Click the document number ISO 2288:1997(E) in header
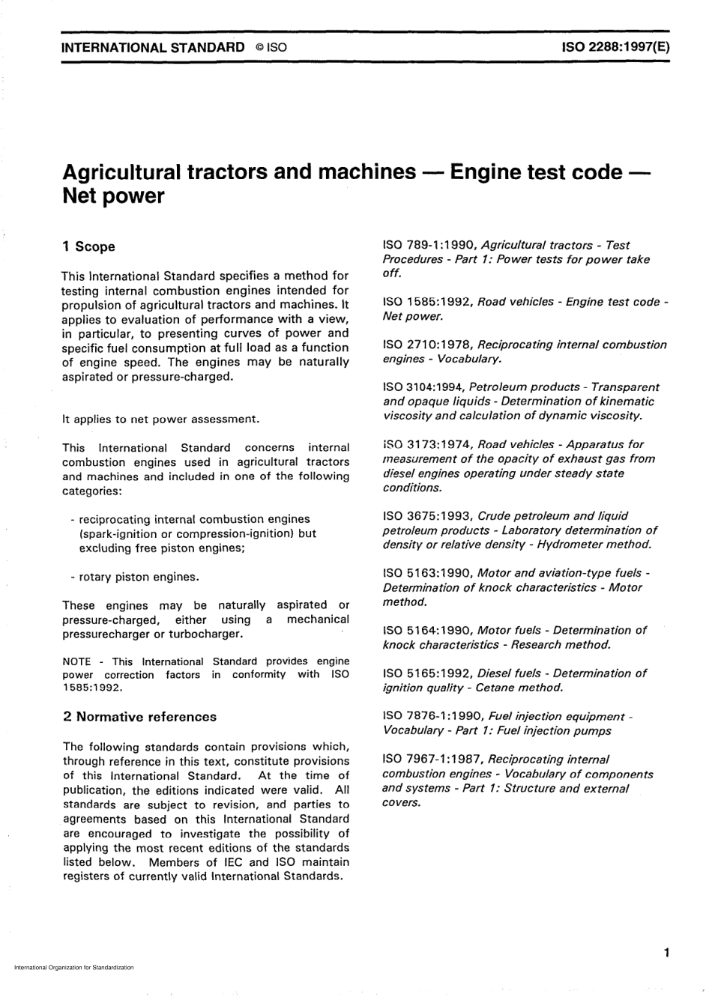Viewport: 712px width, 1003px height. coord(615,46)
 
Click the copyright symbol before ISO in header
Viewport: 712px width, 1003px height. coord(258,47)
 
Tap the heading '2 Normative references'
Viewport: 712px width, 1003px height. coord(139,717)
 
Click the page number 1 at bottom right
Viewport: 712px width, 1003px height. coord(666,953)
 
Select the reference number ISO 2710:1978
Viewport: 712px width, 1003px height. coord(427,345)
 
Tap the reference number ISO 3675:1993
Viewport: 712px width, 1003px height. coord(427,516)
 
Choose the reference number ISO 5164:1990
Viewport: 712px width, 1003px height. coord(427,631)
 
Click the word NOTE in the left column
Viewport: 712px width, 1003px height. coord(76,662)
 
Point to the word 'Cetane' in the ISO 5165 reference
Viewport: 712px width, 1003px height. coord(495,688)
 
